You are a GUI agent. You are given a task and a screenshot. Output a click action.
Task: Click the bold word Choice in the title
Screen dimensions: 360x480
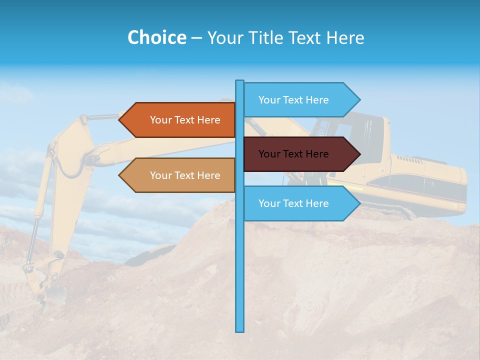pyautogui.click(x=156, y=37)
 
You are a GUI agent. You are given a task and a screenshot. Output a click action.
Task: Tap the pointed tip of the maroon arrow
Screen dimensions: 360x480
pyautogui.click(x=359, y=154)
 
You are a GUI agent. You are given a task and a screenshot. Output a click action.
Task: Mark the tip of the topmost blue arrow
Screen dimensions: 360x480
pyautogui.click(x=359, y=100)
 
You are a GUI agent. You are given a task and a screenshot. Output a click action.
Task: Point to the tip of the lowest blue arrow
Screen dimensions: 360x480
pyautogui.click(x=359, y=203)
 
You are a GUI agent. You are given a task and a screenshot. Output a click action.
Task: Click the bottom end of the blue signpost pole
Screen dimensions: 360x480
pyautogui.click(x=240, y=330)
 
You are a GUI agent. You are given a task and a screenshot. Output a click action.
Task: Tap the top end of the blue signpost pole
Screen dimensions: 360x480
pyautogui.click(x=240, y=81)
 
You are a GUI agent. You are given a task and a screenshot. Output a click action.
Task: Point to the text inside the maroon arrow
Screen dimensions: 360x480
pyautogui.click(x=293, y=154)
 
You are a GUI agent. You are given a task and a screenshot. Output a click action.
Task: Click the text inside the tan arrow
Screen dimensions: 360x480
pyautogui.click(x=185, y=175)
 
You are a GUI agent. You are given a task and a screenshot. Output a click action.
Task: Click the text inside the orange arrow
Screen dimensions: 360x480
pyautogui.click(x=185, y=120)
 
